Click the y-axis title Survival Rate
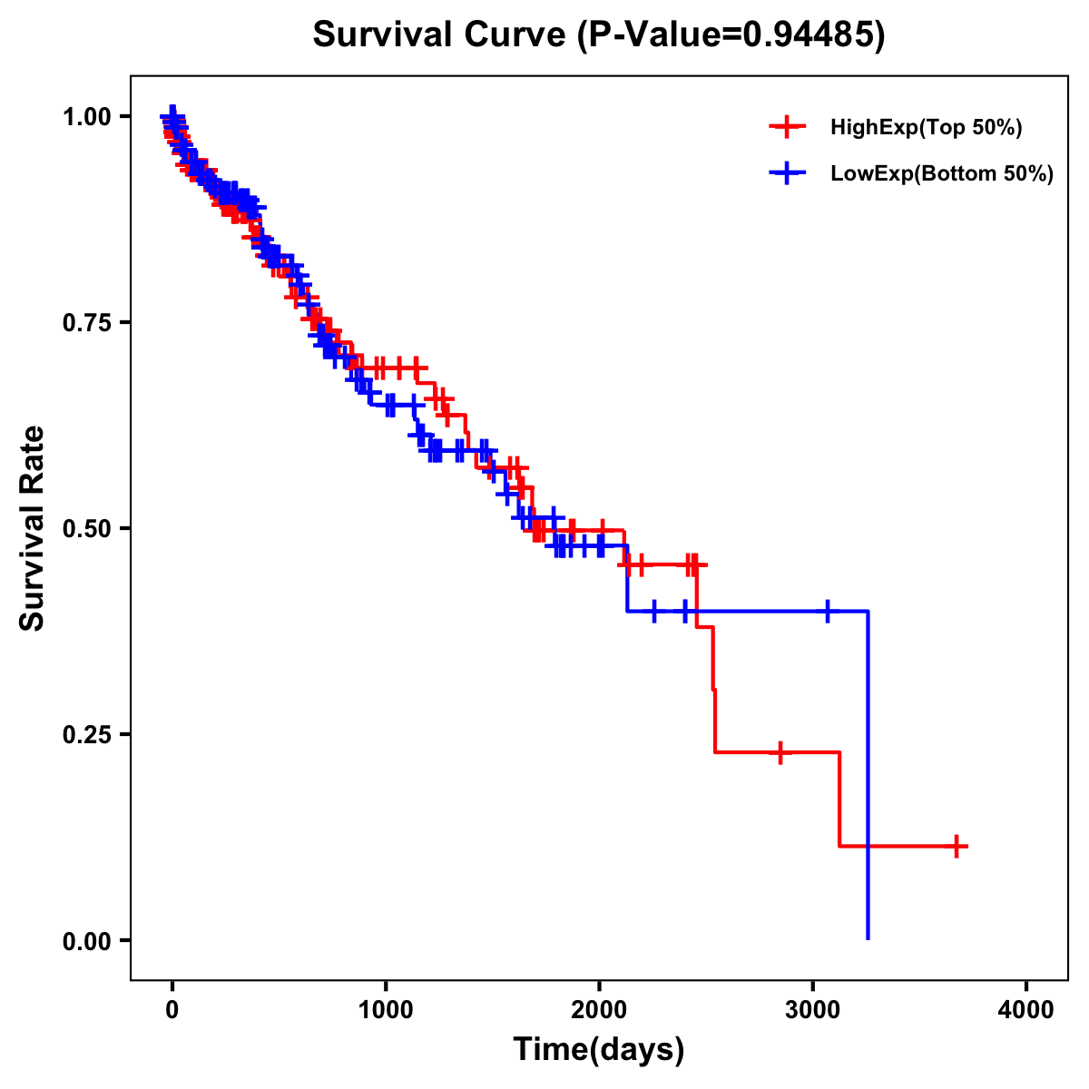tap(33, 527)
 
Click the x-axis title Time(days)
tap(599, 1049)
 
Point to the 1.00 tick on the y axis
tap(86, 116)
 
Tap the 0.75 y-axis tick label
tap(86, 322)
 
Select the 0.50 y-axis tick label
tap(86, 528)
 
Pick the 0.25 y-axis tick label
tap(86, 734)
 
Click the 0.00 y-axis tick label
tap(86, 940)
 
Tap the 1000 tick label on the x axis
tap(386, 1010)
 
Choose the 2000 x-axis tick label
tap(599, 1010)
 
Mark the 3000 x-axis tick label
tap(813, 1010)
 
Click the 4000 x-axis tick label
tap(1026, 1010)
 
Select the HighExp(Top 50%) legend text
tap(927, 128)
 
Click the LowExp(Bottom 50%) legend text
tap(942, 174)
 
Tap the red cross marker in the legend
tap(787, 128)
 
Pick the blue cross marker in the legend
tap(787, 174)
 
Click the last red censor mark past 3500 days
tap(955, 846)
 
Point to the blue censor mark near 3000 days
tap(827, 611)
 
